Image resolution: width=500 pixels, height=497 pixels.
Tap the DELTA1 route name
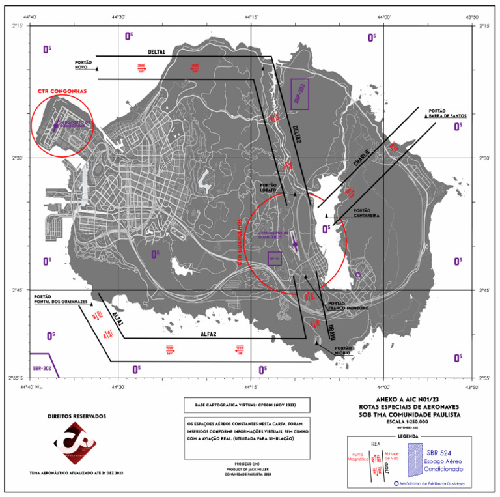pyautogui.click(x=156, y=52)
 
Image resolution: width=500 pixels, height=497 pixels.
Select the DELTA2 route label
pyautogui.click(x=290, y=133)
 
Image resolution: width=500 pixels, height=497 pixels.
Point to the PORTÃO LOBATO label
pyautogui.click(x=273, y=188)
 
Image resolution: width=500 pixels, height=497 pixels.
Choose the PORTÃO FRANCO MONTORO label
pyautogui.click(x=345, y=304)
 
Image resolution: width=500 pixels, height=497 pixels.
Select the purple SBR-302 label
pyautogui.click(x=42, y=368)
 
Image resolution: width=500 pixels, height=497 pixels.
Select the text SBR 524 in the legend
pyautogui.click(x=444, y=451)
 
